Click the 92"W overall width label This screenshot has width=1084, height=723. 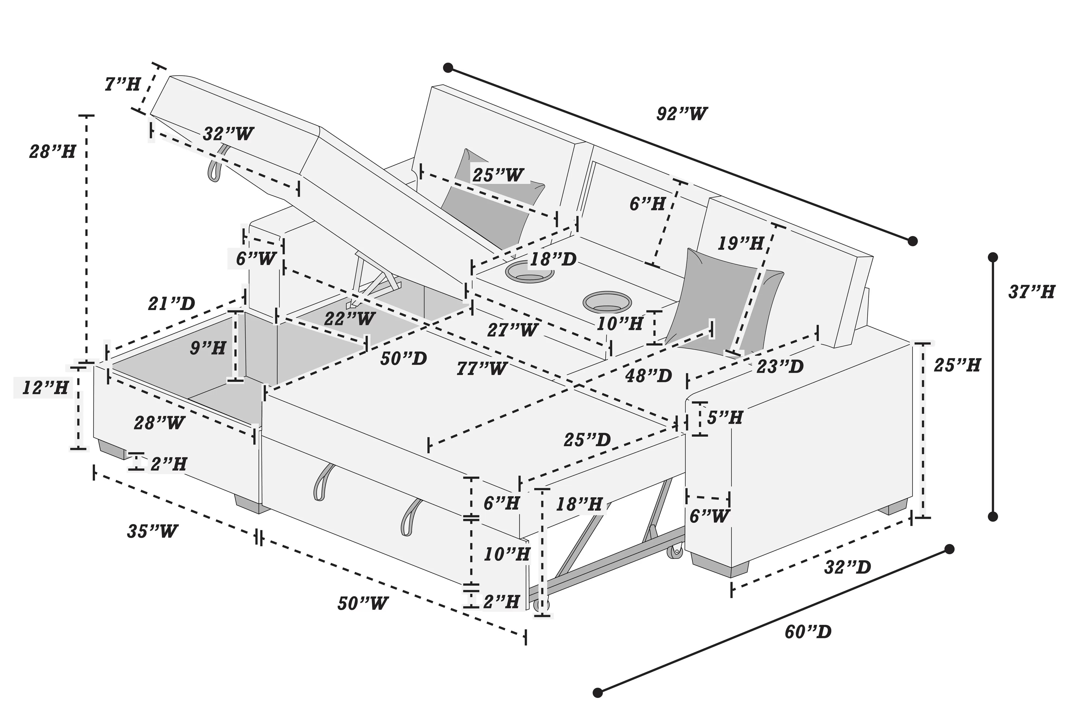tap(681, 113)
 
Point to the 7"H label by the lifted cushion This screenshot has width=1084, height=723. tap(122, 84)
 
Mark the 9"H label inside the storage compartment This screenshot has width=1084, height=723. tap(208, 348)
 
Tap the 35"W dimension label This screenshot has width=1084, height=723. tap(152, 531)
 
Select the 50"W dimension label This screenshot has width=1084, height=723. tap(363, 603)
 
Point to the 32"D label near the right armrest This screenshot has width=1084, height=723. tap(847, 567)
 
